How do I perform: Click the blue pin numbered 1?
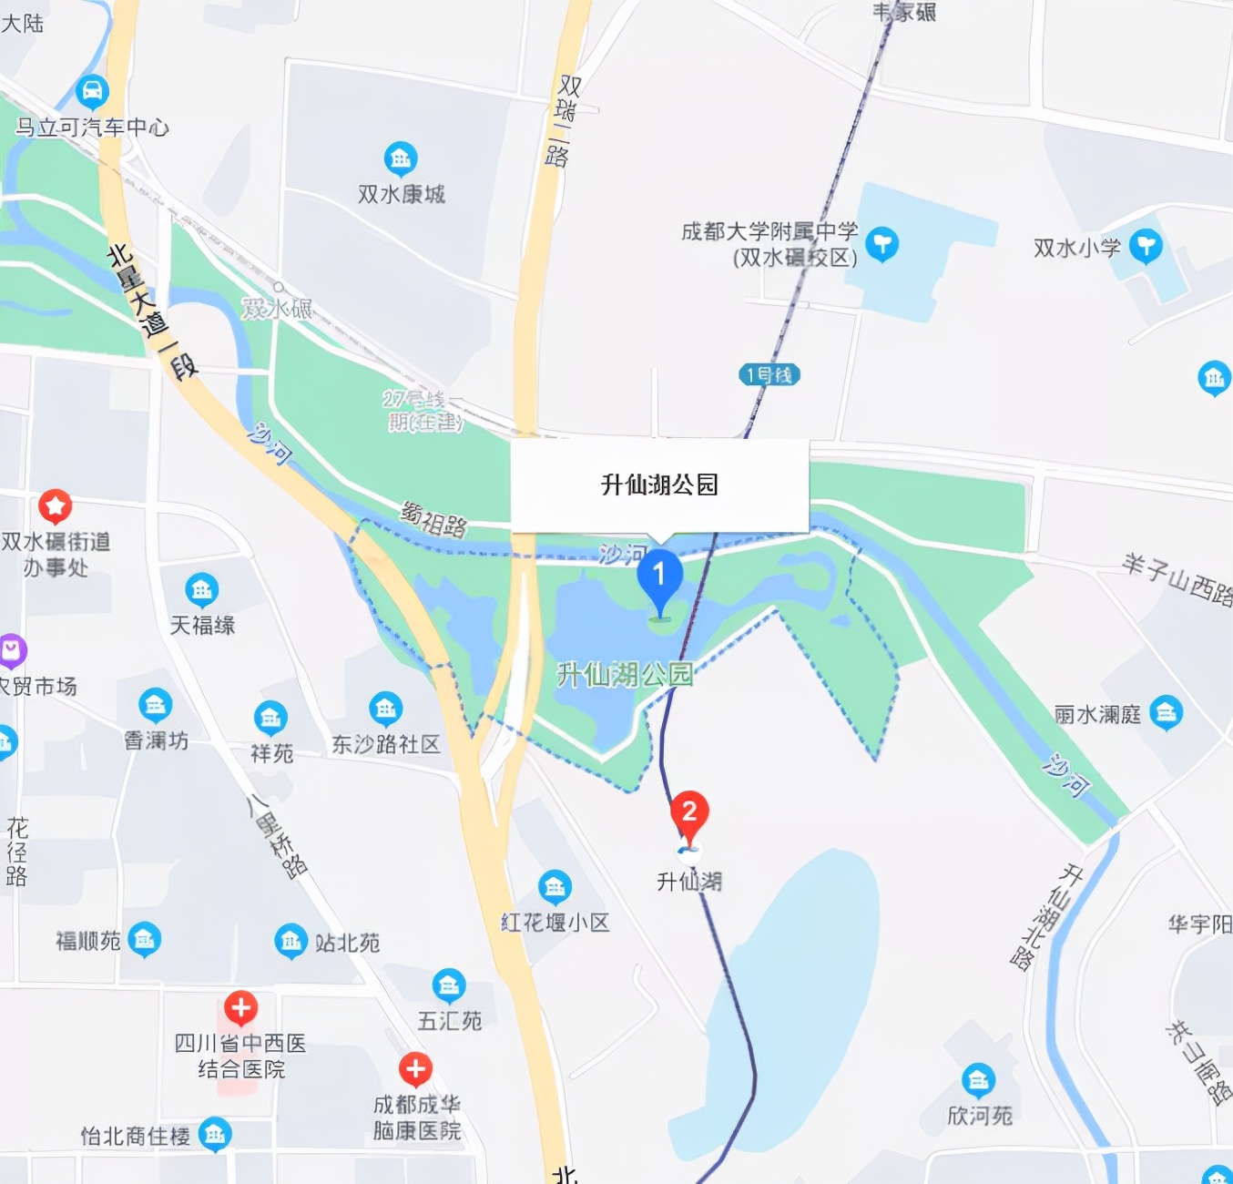659,577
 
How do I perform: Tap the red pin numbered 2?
689,811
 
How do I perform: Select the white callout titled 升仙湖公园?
659,485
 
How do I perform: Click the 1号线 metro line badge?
769,374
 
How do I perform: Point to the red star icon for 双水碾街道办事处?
55,505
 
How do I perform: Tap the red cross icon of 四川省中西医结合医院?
241,1007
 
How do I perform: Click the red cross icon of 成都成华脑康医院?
415,1069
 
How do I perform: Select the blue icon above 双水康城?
401,159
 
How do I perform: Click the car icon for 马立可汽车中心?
92,91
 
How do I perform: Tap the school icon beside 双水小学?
1146,245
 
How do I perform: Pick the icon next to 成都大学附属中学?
881,243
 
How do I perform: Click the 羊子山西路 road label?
1177,579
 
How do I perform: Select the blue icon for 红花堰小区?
555,886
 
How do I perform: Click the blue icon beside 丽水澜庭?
1166,713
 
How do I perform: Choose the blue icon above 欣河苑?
978,1080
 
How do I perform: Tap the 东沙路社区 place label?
385,744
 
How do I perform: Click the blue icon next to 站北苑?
290,942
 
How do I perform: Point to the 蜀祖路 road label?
433,519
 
